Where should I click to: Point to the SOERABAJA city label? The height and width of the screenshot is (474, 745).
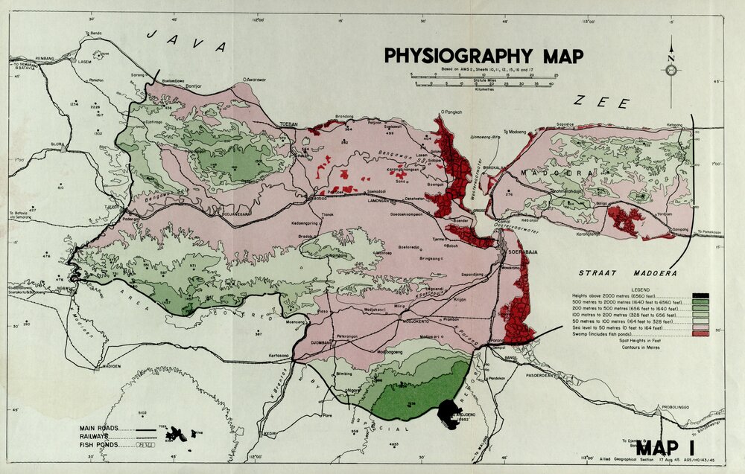[x=524, y=252]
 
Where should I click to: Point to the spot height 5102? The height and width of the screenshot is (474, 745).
[x=143, y=413]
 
